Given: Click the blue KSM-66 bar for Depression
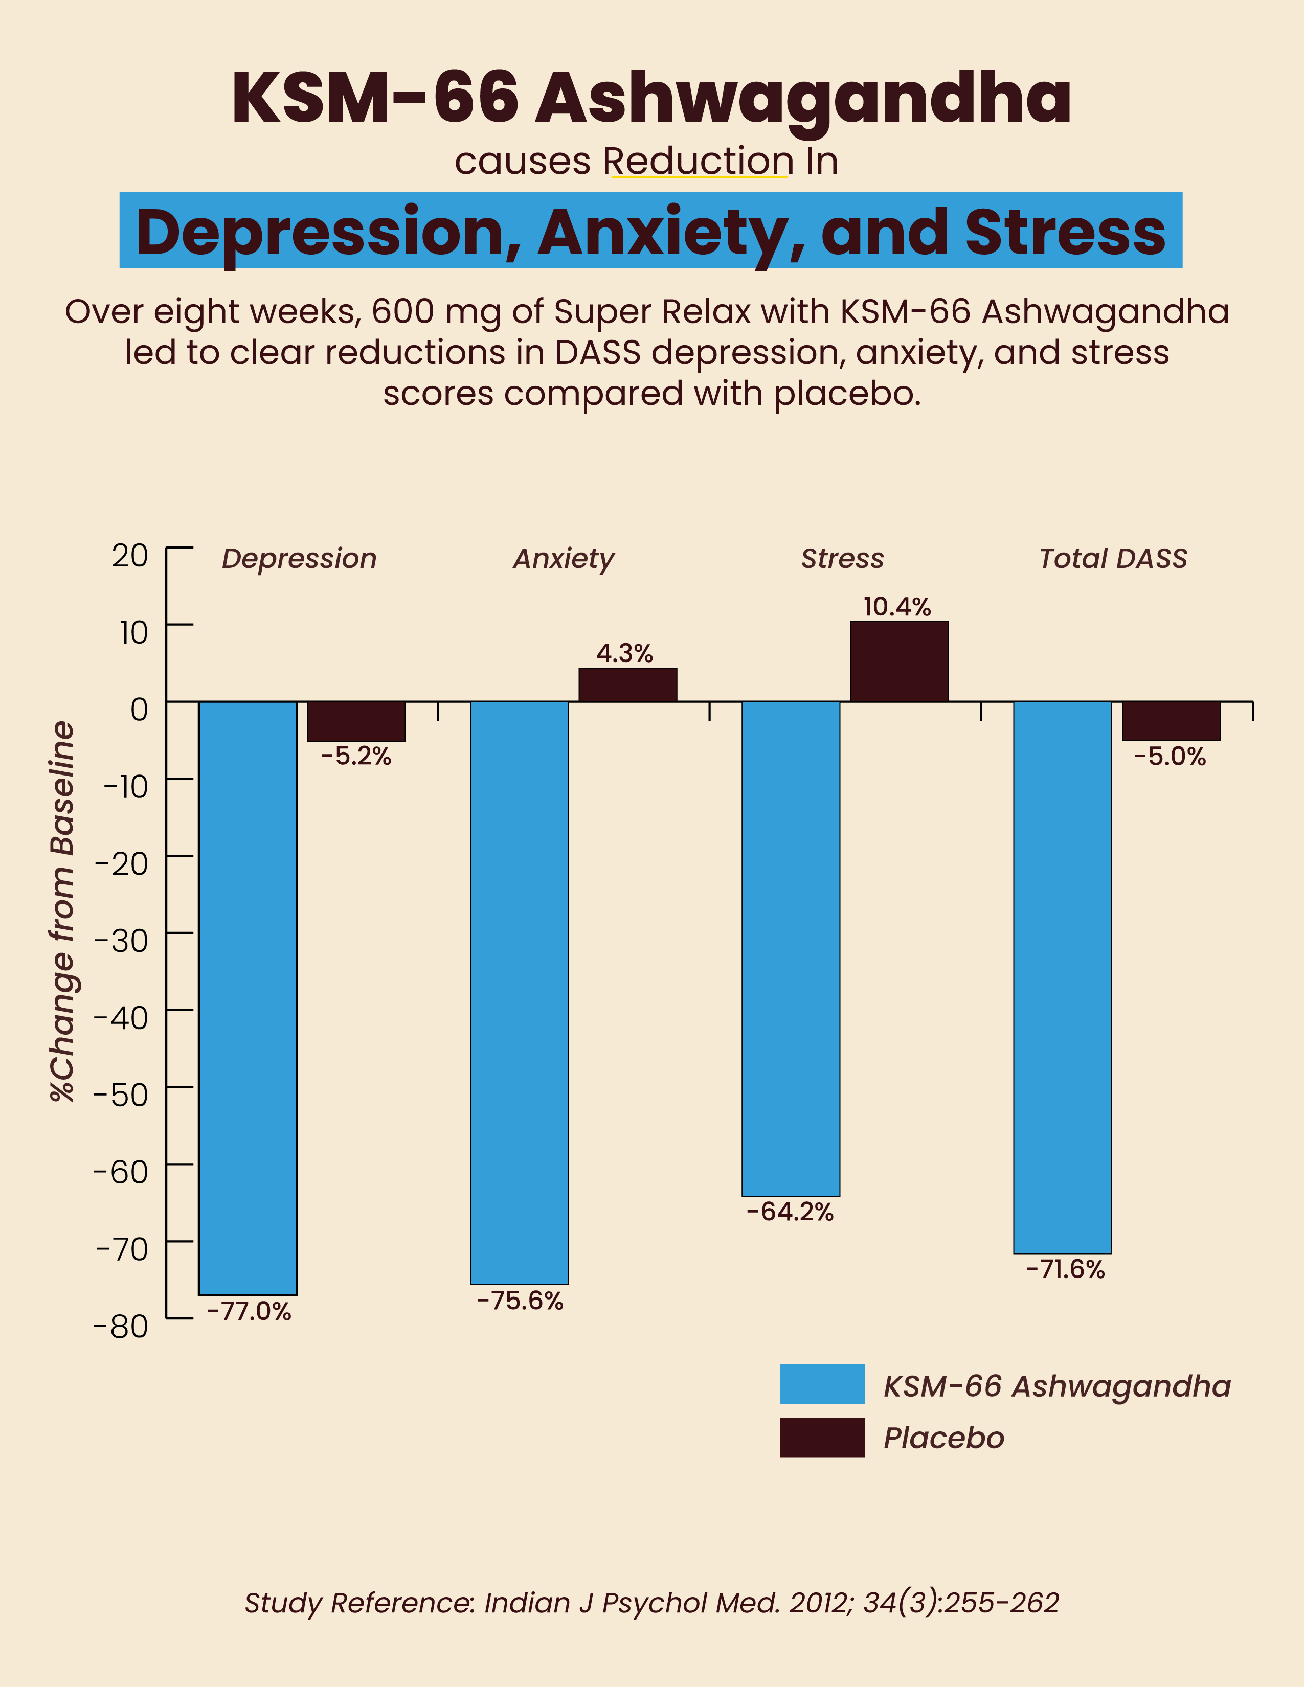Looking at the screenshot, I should (x=247, y=996).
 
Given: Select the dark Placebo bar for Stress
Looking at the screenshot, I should (x=899, y=661).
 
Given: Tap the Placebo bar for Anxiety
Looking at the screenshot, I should (x=627, y=685).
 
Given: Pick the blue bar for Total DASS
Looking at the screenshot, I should (x=1062, y=976).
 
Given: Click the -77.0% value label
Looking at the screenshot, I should (x=249, y=1312).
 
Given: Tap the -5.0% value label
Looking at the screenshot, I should (x=1170, y=756).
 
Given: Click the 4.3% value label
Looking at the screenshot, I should (x=624, y=653).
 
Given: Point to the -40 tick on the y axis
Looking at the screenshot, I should (x=121, y=1018).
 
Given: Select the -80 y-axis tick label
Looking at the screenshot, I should (x=121, y=1326).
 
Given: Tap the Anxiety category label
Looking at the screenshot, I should (x=564, y=558).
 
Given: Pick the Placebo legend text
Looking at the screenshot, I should (x=943, y=1438).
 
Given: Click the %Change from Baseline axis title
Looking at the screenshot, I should (x=62, y=911).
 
